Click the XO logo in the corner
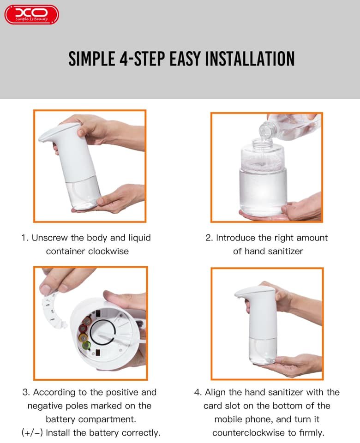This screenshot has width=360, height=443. click(x=31, y=14)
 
